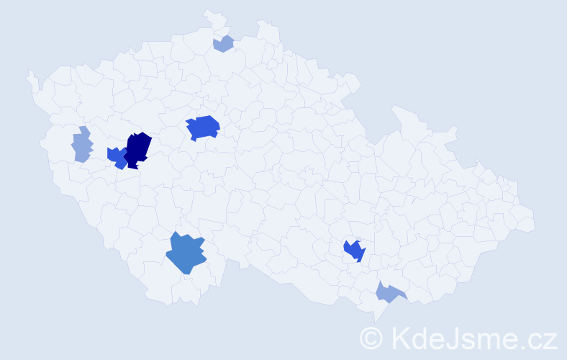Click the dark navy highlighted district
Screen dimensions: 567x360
pos(137,149)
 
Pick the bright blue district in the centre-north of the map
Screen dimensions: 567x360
pos(203,127)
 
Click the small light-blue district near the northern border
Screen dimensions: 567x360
pos(224,44)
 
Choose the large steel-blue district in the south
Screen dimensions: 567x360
pos(186,254)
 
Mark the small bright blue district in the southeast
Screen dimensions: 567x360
pos(354,251)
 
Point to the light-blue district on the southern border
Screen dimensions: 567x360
pos(389,292)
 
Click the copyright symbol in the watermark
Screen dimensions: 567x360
pos(372,338)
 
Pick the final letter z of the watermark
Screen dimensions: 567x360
pos(550,341)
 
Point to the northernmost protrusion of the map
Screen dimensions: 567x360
pos(207,11)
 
